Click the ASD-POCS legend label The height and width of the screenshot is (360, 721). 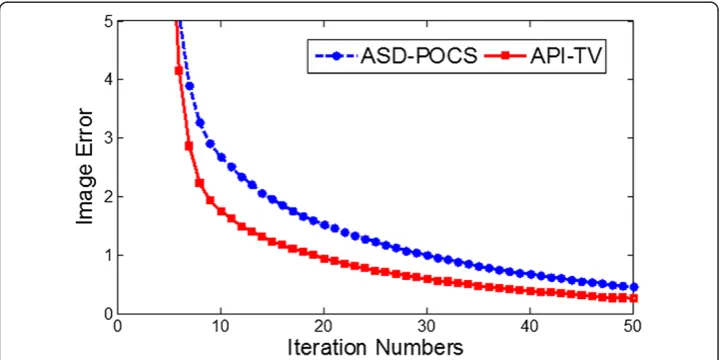tap(419, 56)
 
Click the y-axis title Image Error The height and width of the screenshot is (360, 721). tap(85, 167)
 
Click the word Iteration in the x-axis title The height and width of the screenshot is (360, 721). tap(338, 348)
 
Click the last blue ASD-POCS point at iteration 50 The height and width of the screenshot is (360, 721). tap(634, 287)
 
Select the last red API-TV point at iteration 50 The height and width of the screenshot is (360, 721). tap(634, 298)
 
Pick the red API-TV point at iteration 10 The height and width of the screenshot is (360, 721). tap(221, 211)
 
